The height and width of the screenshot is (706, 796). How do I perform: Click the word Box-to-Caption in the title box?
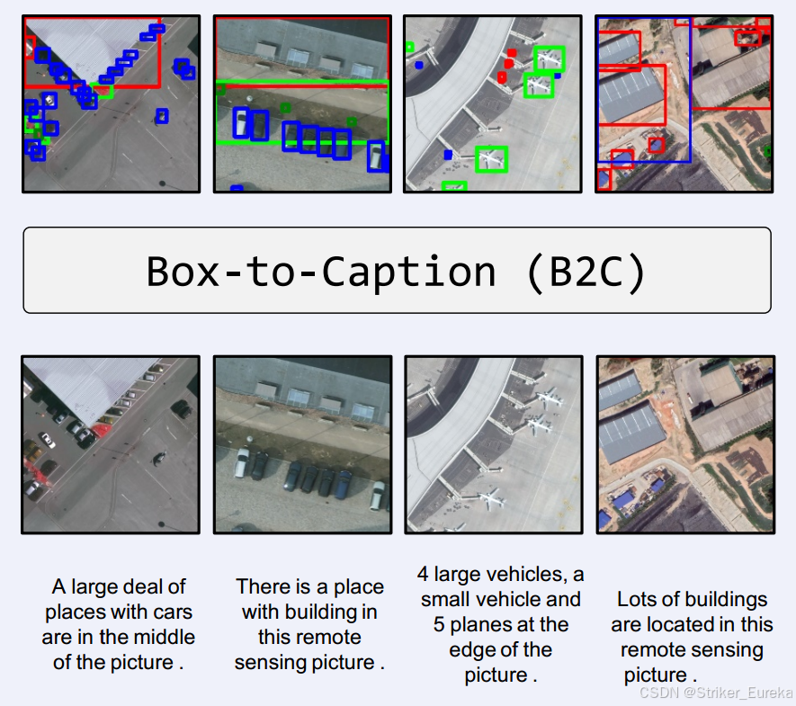(x=320, y=272)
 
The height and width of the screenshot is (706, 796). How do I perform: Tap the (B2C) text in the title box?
(x=586, y=272)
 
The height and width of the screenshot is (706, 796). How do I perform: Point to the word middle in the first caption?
(x=161, y=638)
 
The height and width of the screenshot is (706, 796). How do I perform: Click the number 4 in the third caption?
(x=424, y=574)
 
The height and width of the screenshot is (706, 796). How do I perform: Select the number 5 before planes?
(x=440, y=624)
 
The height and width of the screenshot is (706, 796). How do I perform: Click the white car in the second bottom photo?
(x=242, y=463)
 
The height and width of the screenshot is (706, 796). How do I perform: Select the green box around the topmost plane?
(x=549, y=58)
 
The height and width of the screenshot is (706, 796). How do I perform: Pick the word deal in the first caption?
(x=165, y=587)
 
